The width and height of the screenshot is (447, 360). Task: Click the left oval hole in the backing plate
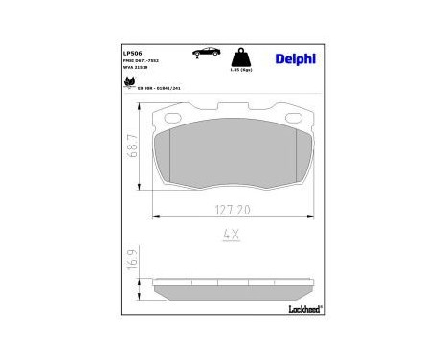tap(175, 119)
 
